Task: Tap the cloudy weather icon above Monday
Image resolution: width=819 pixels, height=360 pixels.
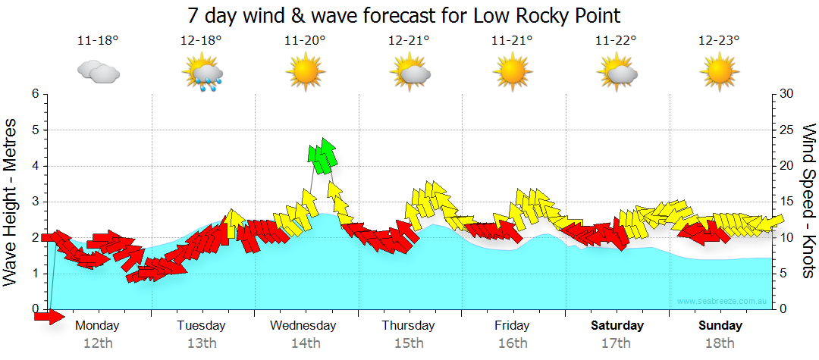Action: (99, 72)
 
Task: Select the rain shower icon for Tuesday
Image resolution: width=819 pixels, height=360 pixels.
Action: (202, 73)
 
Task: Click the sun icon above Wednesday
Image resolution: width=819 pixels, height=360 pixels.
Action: (305, 72)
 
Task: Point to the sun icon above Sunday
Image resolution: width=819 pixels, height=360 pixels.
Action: (719, 72)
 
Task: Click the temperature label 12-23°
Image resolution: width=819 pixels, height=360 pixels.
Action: (719, 41)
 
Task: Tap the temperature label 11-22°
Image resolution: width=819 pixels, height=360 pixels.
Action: (615, 41)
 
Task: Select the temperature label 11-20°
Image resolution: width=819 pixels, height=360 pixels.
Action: (305, 41)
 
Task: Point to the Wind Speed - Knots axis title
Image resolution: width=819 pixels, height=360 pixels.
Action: (808, 201)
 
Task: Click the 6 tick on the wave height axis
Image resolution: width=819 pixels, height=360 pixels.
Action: (34, 94)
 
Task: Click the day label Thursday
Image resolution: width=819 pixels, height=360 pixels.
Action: (408, 326)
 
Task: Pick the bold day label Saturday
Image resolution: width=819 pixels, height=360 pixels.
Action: (617, 326)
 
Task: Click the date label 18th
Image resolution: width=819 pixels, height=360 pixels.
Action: (721, 343)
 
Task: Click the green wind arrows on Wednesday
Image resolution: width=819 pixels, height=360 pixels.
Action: (322, 155)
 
